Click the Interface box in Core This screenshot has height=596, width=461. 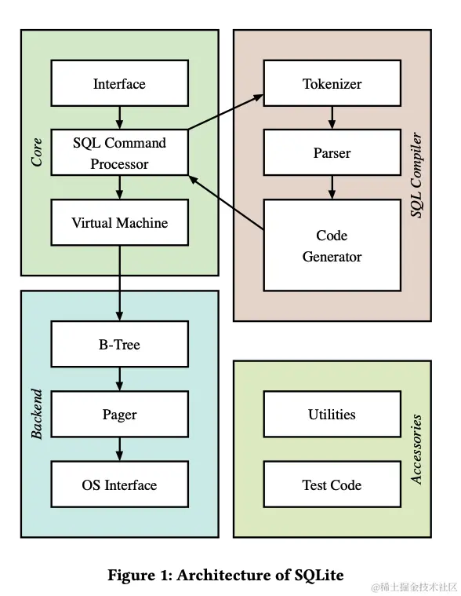click(119, 83)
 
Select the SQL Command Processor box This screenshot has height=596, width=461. click(119, 153)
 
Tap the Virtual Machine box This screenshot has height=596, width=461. click(119, 222)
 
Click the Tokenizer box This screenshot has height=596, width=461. click(332, 83)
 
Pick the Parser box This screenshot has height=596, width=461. click(332, 152)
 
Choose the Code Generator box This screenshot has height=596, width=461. click(332, 245)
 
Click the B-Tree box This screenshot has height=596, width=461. click(119, 344)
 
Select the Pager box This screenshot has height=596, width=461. click(119, 414)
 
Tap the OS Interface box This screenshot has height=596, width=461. click(119, 484)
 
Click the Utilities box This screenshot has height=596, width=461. click(332, 414)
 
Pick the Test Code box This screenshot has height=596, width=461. click(332, 484)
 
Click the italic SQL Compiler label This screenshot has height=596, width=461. click(417, 175)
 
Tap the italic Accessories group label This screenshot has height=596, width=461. click(417, 449)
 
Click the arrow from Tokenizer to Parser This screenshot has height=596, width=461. click(332, 118)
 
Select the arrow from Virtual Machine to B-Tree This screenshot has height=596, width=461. click(119, 283)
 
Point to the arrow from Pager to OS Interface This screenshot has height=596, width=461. click(119, 449)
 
